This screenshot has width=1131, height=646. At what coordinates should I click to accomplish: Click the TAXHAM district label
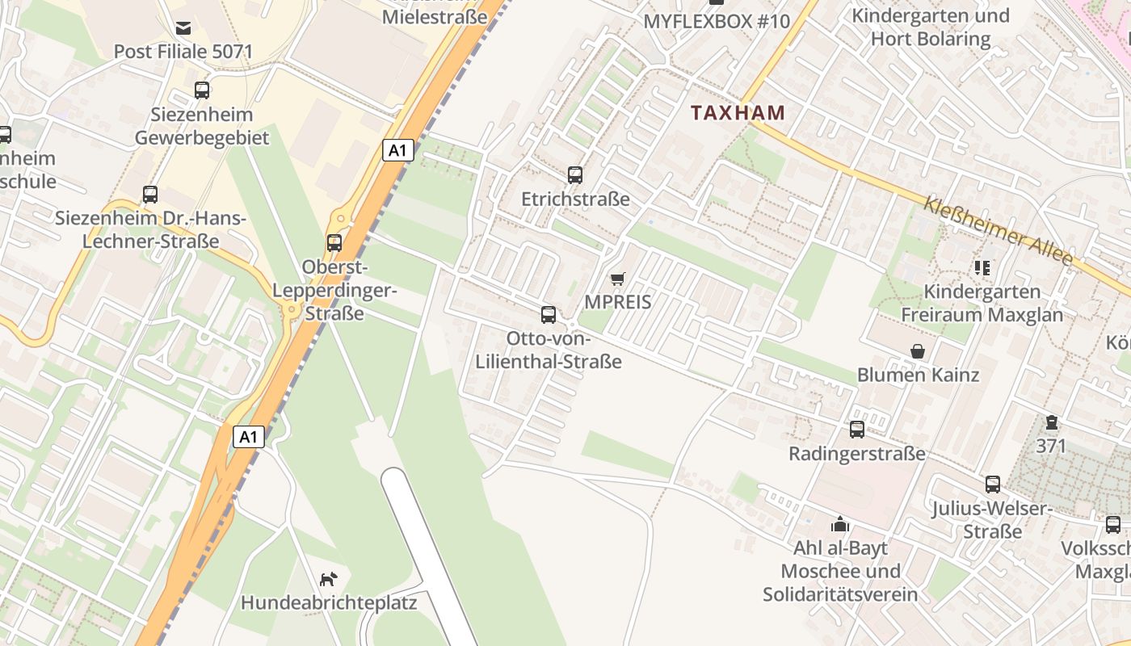point(738,113)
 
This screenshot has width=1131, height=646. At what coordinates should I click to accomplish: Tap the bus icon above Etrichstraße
point(575,174)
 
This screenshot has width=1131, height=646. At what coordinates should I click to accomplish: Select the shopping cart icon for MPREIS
point(618,279)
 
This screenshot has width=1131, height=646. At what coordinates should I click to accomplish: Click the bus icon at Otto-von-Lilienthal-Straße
point(549,314)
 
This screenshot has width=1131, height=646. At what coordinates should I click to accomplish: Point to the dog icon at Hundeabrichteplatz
point(328,578)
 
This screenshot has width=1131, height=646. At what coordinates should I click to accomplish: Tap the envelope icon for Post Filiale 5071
point(183,28)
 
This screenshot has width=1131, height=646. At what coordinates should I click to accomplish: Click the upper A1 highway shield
point(398,150)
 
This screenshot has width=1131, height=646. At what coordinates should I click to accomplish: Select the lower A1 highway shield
point(249,437)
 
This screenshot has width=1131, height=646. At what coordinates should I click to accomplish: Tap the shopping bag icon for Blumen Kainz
point(918,351)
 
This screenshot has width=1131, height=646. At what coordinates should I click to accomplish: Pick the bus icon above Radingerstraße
point(857,430)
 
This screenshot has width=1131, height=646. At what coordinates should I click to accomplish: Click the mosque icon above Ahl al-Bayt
point(840,524)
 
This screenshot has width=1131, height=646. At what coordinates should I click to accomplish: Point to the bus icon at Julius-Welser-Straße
point(993,484)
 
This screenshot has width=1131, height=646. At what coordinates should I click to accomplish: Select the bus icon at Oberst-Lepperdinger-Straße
point(334,242)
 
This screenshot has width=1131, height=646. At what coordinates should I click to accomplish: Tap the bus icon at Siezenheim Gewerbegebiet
point(202,90)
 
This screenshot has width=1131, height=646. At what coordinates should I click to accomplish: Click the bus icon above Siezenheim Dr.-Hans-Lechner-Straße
point(150,194)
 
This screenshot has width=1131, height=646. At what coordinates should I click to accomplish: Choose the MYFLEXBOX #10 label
point(716,21)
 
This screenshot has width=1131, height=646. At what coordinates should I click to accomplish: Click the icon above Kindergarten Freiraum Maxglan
point(982,267)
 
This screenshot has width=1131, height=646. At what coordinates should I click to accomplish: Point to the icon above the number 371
point(1051,422)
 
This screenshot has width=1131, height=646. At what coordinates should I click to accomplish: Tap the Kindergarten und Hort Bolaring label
point(931,27)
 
